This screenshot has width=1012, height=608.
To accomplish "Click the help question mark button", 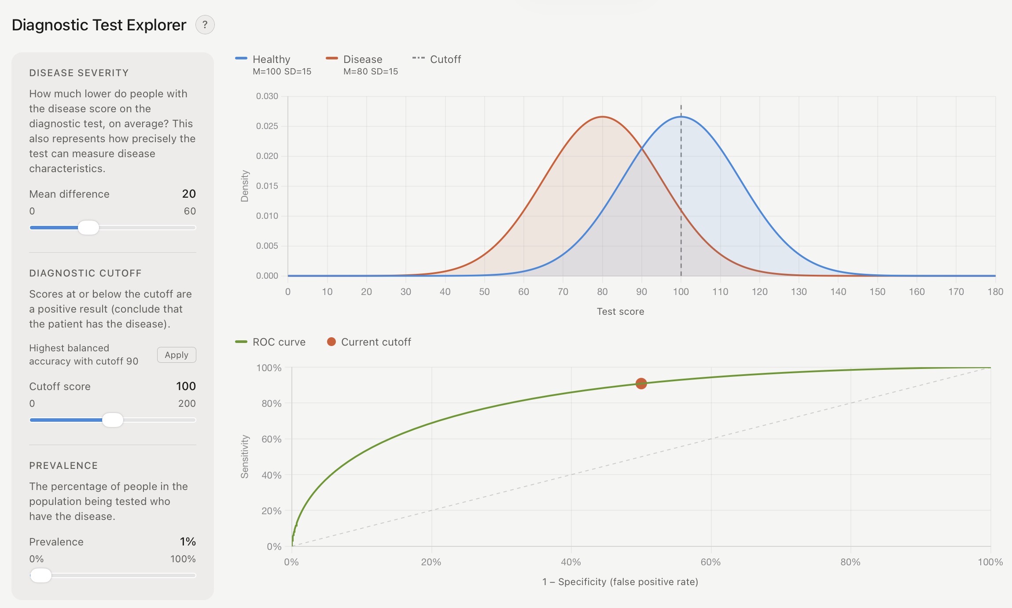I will point(205,25).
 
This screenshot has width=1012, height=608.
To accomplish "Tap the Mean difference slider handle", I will point(88,228).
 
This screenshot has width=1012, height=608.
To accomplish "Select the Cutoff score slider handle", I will point(113,420).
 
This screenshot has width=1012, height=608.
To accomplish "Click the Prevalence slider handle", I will point(41,575).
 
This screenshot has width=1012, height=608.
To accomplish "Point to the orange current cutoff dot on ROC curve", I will point(641,383).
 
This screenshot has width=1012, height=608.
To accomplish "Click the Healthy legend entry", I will point(271,59).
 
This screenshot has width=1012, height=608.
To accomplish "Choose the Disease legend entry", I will point(362,59).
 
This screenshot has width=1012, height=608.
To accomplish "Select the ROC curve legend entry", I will point(278,342).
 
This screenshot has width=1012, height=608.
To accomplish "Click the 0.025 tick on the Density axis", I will point(267,126).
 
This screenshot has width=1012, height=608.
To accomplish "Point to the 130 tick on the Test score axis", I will point(799,292).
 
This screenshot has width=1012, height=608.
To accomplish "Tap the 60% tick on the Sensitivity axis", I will point(271,439).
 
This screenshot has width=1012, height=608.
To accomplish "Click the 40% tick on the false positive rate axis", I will point(571,562).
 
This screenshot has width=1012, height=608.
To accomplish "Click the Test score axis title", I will point(620,312).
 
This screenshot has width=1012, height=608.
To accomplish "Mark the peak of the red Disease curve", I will point(602,117).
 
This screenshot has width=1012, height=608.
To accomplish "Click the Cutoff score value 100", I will point(186,387).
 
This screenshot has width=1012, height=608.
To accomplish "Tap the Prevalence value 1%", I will point(188,542).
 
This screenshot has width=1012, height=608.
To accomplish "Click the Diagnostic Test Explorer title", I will point(99,25).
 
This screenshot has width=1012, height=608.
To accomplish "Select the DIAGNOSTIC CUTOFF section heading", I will point(85,273).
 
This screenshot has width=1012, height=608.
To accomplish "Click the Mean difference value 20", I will point(189,194).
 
